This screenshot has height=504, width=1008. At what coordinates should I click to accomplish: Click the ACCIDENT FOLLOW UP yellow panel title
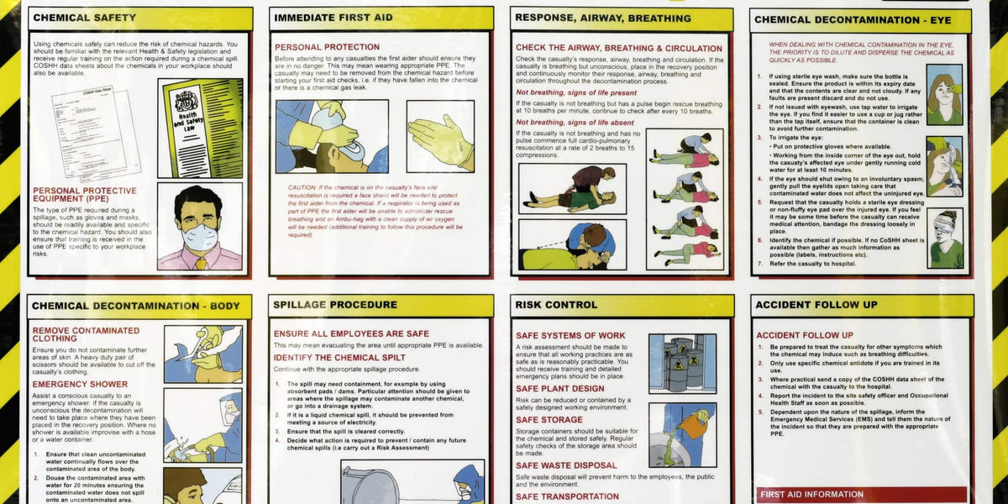(804, 304)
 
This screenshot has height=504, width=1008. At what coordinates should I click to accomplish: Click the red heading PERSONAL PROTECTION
(327, 47)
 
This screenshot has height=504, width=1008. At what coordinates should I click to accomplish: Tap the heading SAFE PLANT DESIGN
(559, 388)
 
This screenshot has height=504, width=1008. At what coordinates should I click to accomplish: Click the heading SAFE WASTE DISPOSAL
(566, 465)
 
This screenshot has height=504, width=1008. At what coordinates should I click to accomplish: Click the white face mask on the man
(200, 237)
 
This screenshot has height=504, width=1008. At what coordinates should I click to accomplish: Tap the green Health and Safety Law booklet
(202, 126)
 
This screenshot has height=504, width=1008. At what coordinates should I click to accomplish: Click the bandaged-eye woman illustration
(945, 238)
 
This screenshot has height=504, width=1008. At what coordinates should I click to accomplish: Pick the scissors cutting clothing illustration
(202, 354)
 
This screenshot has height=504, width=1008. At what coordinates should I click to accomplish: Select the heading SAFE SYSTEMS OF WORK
(570, 335)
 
